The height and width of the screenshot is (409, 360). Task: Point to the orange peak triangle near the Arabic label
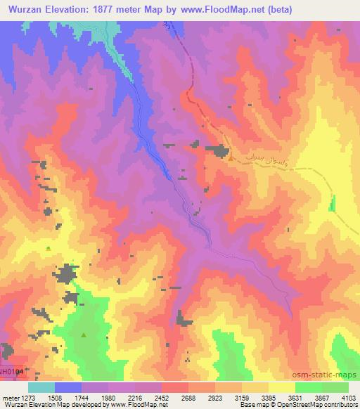(x=231, y=157)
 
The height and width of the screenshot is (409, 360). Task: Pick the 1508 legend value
(x=69, y=397)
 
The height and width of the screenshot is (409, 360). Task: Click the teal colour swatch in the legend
(x=41, y=387)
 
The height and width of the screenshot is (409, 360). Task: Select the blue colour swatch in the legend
(x=69, y=387)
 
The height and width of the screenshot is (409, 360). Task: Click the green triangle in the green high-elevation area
(x=84, y=335)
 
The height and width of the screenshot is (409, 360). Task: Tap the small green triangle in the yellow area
(x=48, y=249)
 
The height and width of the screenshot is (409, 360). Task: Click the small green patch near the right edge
(x=333, y=204)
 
